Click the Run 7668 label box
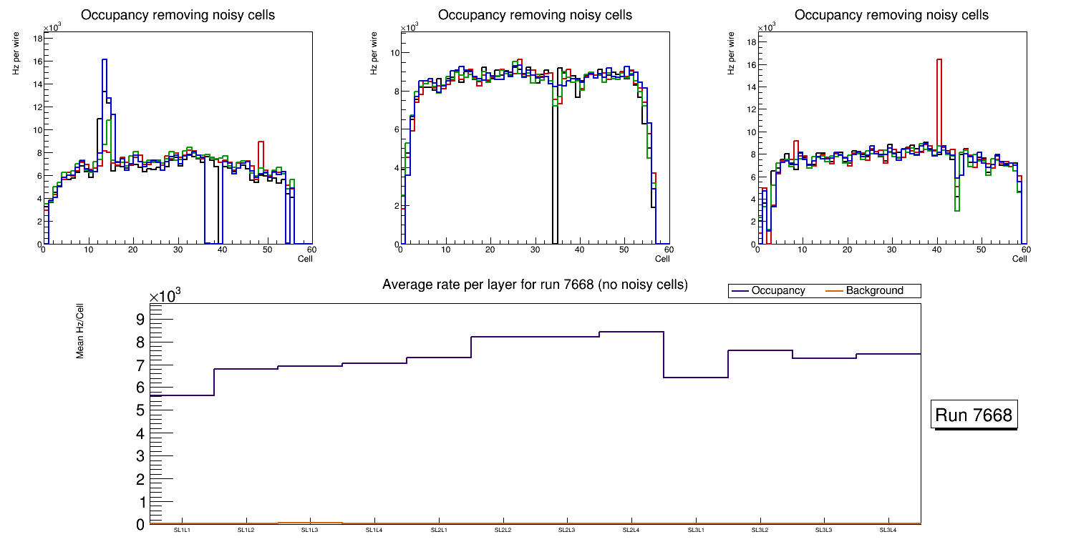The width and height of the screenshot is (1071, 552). [974, 415]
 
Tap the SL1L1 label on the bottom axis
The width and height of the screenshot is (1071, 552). [183, 530]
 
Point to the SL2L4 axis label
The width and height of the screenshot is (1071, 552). [631, 530]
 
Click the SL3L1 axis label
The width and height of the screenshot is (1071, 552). [695, 530]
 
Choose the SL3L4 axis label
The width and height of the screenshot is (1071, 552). [888, 530]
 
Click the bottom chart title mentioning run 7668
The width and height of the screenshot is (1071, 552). [535, 285]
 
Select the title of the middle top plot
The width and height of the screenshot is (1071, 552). [535, 15]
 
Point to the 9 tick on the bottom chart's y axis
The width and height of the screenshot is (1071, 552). [140, 319]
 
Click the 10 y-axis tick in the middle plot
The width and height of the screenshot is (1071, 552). [394, 53]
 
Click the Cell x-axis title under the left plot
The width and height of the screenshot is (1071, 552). [305, 258]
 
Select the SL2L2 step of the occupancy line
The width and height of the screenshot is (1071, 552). [503, 337]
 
